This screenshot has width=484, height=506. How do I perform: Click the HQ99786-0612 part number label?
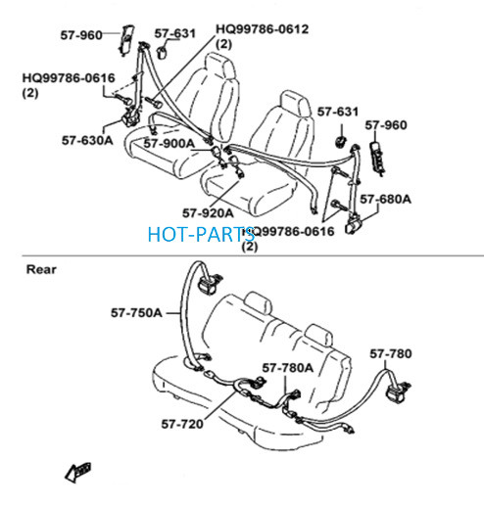point(263,29)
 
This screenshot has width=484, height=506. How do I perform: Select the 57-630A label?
point(87,140)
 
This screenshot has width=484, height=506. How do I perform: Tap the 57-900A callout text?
point(169,143)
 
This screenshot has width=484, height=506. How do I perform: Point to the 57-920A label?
point(208,213)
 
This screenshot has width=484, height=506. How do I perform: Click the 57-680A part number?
point(385,199)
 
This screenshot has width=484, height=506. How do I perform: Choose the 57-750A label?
point(136,312)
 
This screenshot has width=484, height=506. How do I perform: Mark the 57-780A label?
point(288,368)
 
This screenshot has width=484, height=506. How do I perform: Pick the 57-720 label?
point(182,424)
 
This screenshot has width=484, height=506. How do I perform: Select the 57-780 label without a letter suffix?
point(391,353)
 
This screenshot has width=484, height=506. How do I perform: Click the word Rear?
point(41,269)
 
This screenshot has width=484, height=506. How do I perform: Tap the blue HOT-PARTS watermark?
point(201,234)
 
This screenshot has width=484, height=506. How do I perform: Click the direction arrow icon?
point(77,472)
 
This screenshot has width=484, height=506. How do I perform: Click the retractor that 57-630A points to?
point(131,117)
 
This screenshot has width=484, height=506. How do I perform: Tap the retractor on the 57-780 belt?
point(397,391)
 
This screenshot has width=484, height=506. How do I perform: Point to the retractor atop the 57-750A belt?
point(210,283)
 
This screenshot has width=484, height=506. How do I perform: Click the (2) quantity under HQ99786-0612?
point(224,44)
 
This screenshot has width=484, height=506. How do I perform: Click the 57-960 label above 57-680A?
point(386,125)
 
